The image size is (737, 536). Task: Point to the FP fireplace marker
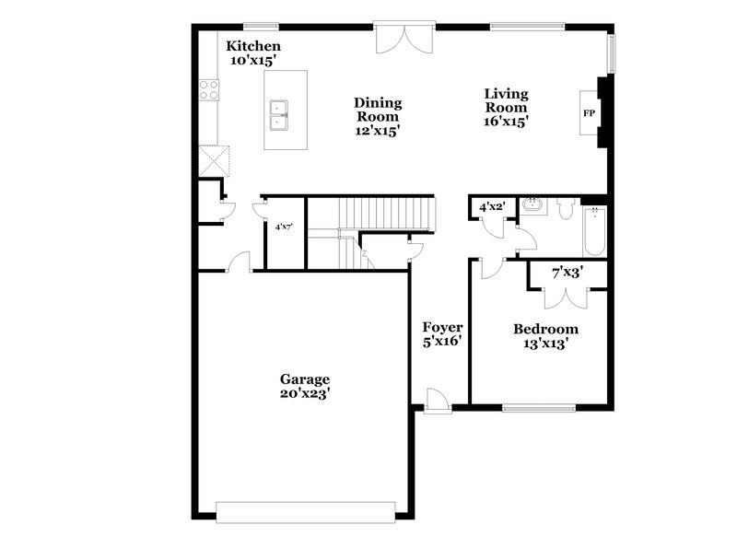click(x=588, y=113)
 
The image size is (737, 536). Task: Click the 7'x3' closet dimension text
click(x=567, y=274)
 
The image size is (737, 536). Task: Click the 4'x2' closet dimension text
click(x=490, y=207)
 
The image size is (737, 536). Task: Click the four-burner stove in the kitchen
click(x=208, y=90)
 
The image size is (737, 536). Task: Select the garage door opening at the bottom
click(x=305, y=509)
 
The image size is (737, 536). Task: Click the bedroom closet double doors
click(x=567, y=297)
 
